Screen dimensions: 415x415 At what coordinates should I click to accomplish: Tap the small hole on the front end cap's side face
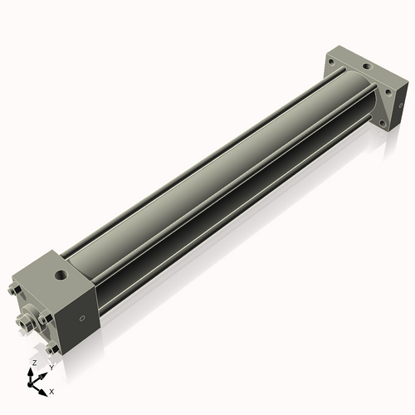(x=81, y=318)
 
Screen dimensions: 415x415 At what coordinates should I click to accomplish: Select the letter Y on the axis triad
(x=51, y=366)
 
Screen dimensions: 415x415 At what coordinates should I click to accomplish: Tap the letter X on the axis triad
(x=51, y=390)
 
